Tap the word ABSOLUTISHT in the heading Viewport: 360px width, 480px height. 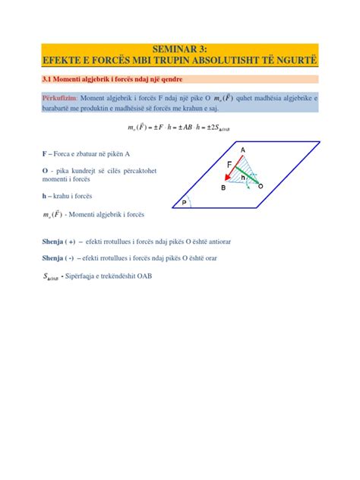tap(229, 59)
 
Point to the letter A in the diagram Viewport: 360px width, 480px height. tap(243, 150)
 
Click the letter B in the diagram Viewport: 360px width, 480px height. tap(223, 187)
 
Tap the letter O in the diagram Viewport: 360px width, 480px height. tap(261, 186)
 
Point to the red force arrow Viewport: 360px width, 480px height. tap(234, 172)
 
